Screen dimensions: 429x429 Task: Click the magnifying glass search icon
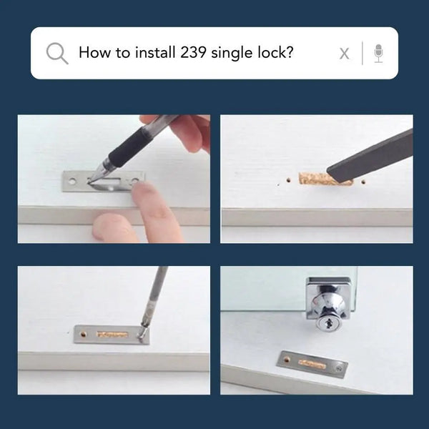pos(57,53)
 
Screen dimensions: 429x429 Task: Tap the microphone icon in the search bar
pos(378,54)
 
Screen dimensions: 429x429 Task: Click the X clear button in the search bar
pos(344,54)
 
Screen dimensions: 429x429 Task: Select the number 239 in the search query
pos(193,52)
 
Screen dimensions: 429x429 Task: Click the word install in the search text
pos(155,52)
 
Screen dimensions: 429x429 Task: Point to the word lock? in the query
pos(275,52)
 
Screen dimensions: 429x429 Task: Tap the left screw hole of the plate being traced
pos(72,181)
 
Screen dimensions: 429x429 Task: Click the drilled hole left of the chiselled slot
pos(288,180)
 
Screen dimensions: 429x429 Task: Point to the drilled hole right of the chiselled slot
pos(363,182)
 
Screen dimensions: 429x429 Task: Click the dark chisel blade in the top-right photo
pos(370,157)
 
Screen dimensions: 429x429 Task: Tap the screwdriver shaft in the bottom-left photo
pos(155,293)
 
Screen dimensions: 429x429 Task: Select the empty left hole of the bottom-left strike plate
pos(83,334)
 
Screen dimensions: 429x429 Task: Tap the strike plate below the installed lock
pos(312,364)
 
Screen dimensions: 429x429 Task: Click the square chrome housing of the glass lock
pos(328,298)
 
